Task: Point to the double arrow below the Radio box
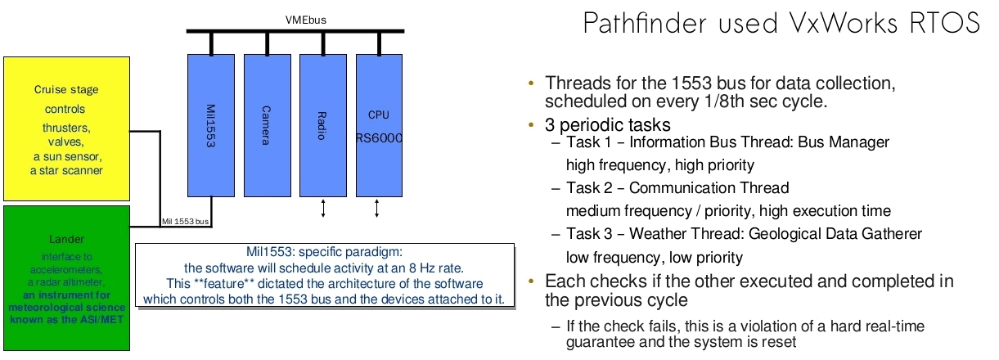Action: coord(323,209)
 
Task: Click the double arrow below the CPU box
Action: coord(377,209)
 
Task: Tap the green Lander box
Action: coord(67,277)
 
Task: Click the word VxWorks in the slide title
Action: coord(835,23)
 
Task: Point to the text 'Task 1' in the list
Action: coord(587,142)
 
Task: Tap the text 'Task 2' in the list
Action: coord(587,188)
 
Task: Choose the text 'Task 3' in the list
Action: coord(587,234)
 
